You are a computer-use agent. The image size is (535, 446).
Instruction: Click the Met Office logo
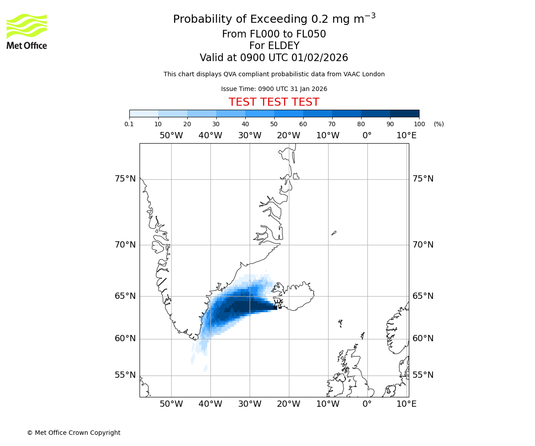(x=27, y=31)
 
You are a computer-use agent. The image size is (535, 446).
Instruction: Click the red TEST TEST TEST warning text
(x=274, y=102)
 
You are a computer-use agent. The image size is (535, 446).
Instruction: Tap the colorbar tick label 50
(x=274, y=124)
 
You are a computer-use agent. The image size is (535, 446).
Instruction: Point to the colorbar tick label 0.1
(x=129, y=124)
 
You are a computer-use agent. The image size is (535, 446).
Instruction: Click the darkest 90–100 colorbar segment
(x=404, y=113)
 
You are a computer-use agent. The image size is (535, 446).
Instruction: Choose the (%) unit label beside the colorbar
(x=439, y=124)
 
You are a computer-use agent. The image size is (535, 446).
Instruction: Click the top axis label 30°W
(x=249, y=136)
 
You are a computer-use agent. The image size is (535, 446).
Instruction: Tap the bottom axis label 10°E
(x=406, y=404)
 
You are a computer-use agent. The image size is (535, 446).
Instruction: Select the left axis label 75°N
(x=125, y=179)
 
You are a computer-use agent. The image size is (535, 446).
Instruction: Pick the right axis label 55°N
(x=423, y=375)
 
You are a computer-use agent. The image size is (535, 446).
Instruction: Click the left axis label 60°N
(x=125, y=339)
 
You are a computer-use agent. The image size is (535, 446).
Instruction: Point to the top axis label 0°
(x=367, y=136)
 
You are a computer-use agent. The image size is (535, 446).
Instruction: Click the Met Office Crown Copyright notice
(x=74, y=433)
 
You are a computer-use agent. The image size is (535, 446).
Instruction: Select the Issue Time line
(x=274, y=89)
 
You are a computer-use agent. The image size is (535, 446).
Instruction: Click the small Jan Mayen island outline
(x=334, y=232)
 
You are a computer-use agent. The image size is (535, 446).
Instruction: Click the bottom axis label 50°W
(x=171, y=404)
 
